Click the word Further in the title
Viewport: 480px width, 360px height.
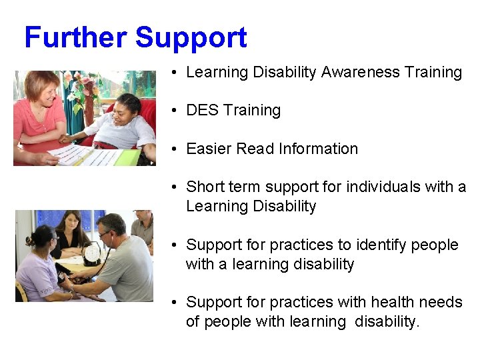tap(75, 38)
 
